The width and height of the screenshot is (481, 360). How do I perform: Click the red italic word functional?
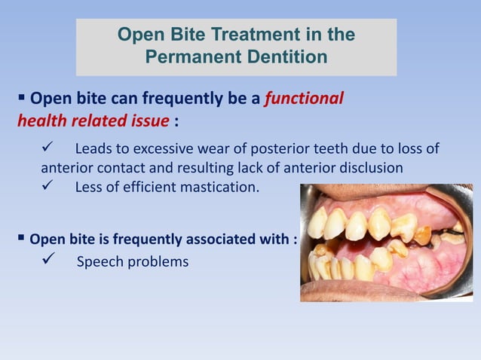[304, 98]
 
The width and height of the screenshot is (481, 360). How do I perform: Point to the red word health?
[41, 121]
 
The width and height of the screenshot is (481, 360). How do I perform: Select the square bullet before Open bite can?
[21, 97]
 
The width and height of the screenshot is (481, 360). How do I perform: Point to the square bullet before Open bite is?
[20, 239]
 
